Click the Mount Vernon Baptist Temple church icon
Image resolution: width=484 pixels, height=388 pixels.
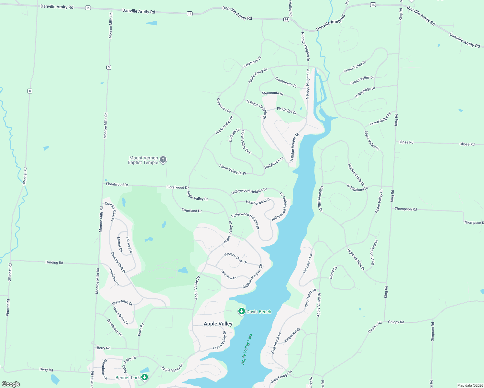click(x=163, y=159)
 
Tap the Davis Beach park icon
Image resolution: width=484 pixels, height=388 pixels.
click(x=241, y=311)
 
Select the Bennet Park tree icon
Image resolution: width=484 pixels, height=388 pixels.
click(x=145, y=377)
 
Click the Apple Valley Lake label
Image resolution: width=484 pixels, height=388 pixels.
click(x=247, y=349)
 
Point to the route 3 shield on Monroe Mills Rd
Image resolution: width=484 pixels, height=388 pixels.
click(x=109, y=67)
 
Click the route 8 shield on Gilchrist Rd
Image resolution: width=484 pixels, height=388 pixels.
click(x=30, y=91)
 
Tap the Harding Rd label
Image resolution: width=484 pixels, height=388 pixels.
click(x=54, y=262)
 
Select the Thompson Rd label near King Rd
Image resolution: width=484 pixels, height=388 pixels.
click(x=405, y=209)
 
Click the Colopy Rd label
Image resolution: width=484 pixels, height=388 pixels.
click(x=396, y=322)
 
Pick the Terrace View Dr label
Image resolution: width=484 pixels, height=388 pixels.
click(x=236, y=258)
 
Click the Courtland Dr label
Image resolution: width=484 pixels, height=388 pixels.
click(x=192, y=210)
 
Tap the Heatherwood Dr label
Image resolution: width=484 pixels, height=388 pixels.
click(x=258, y=202)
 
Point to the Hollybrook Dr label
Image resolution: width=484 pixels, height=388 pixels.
click(x=274, y=163)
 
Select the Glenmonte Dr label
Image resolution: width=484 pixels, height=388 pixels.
click(x=272, y=93)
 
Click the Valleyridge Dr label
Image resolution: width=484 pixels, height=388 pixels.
click(x=365, y=92)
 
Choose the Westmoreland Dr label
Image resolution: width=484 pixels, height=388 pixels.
click(x=374, y=252)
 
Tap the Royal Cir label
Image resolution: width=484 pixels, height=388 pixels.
click(x=333, y=272)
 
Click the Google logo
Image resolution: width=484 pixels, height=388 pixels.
click(x=11, y=384)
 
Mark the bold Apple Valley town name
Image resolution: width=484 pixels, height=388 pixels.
click(x=218, y=324)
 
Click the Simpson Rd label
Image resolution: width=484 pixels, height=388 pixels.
click(x=433, y=331)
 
